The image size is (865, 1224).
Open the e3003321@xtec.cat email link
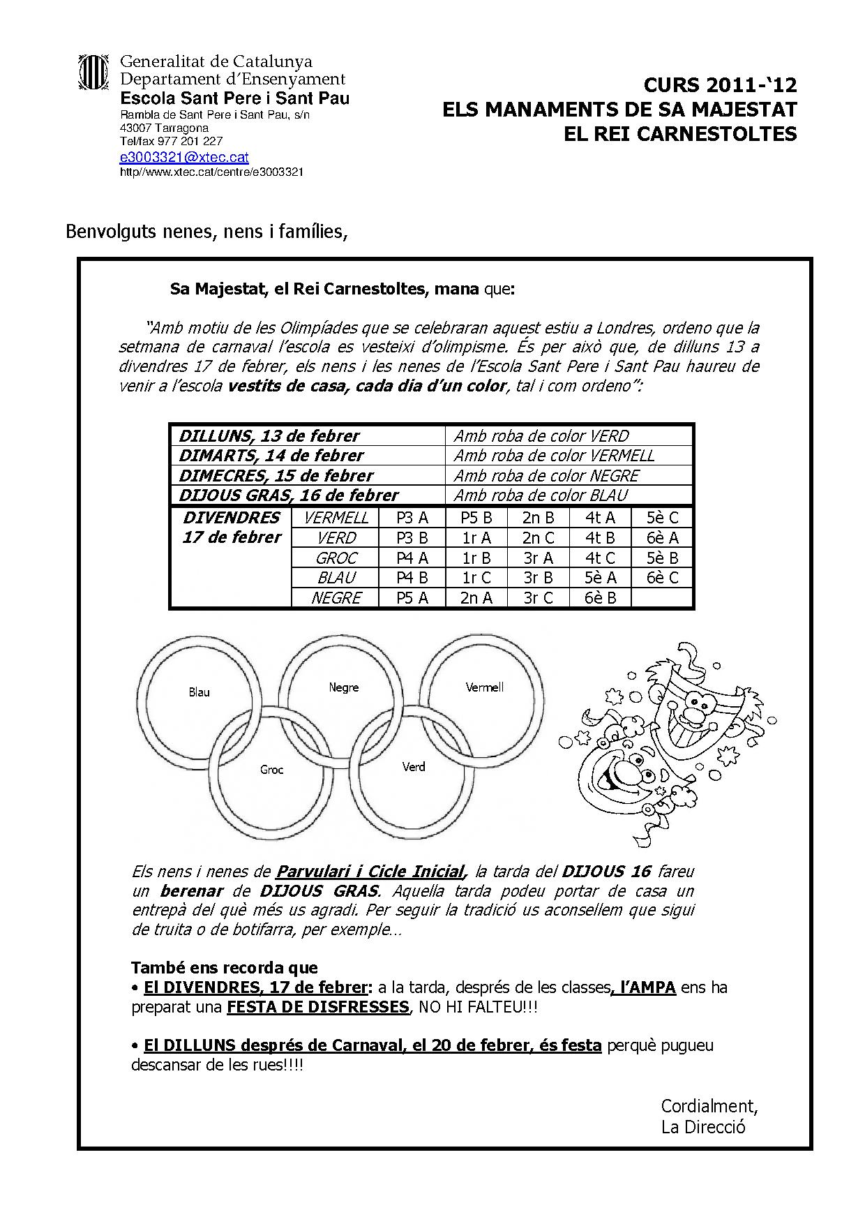[184, 158]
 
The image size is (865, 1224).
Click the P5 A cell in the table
[412, 598]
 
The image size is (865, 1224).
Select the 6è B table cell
[600, 598]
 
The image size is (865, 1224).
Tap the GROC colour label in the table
[336, 558]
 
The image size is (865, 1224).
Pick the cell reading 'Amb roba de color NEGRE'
[546, 476]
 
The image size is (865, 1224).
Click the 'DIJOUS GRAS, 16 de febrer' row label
[288, 495]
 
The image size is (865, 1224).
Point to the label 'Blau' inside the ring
[199, 692]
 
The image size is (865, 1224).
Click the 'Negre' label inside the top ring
[343, 687]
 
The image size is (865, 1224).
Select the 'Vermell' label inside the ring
[484, 687]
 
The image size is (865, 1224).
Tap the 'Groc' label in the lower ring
[271, 770]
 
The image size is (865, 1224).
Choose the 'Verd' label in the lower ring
[413, 767]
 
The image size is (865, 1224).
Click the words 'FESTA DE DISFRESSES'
[317, 1007]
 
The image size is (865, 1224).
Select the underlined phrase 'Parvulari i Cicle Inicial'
[370, 872]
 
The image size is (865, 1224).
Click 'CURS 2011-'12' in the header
[719, 86]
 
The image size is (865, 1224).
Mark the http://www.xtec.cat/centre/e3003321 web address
[211, 172]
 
